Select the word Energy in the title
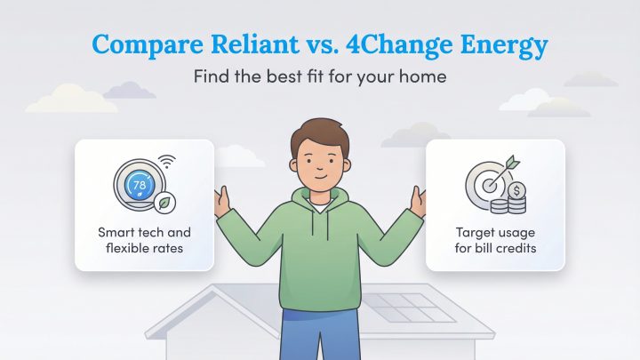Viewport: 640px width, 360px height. click(x=507, y=44)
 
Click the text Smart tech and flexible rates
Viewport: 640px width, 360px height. click(x=144, y=240)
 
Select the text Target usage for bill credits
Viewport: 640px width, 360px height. click(x=495, y=240)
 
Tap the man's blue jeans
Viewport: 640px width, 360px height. click(x=320, y=342)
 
